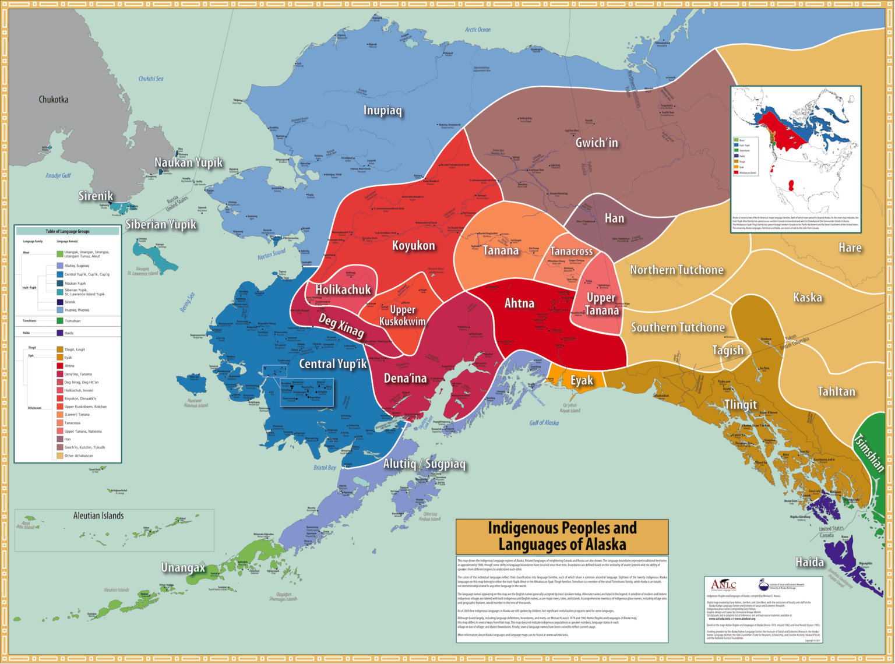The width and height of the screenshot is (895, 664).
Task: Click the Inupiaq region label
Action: point(383,111)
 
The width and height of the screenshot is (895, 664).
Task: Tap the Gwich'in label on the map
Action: point(597,143)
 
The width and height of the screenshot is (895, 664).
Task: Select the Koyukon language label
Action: point(413,246)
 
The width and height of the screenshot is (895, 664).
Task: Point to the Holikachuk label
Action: point(343,289)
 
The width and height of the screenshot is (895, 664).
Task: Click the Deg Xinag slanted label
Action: point(341,326)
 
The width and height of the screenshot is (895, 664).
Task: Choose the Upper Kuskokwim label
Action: point(403,315)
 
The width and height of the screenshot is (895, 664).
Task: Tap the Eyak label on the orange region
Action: point(582,380)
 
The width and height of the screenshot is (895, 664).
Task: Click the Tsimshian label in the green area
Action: point(869,453)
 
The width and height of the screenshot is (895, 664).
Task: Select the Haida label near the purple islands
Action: point(810,562)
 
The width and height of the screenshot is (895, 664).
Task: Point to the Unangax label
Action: point(183,567)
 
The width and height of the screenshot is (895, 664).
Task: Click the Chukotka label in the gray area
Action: point(54,100)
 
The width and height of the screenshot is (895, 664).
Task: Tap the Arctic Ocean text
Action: point(478,30)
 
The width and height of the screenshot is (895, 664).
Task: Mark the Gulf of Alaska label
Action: point(544,423)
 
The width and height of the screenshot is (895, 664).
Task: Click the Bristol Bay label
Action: point(325,468)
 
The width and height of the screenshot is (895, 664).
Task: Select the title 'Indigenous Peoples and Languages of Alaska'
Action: point(562,536)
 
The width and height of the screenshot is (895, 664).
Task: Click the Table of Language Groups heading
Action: point(68,231)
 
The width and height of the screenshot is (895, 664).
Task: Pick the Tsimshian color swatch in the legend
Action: point(60,321)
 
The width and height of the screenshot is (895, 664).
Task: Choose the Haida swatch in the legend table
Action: point(60,333)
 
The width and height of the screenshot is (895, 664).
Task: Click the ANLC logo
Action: point(724,585)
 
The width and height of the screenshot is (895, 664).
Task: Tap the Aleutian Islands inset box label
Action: point(98,516)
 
